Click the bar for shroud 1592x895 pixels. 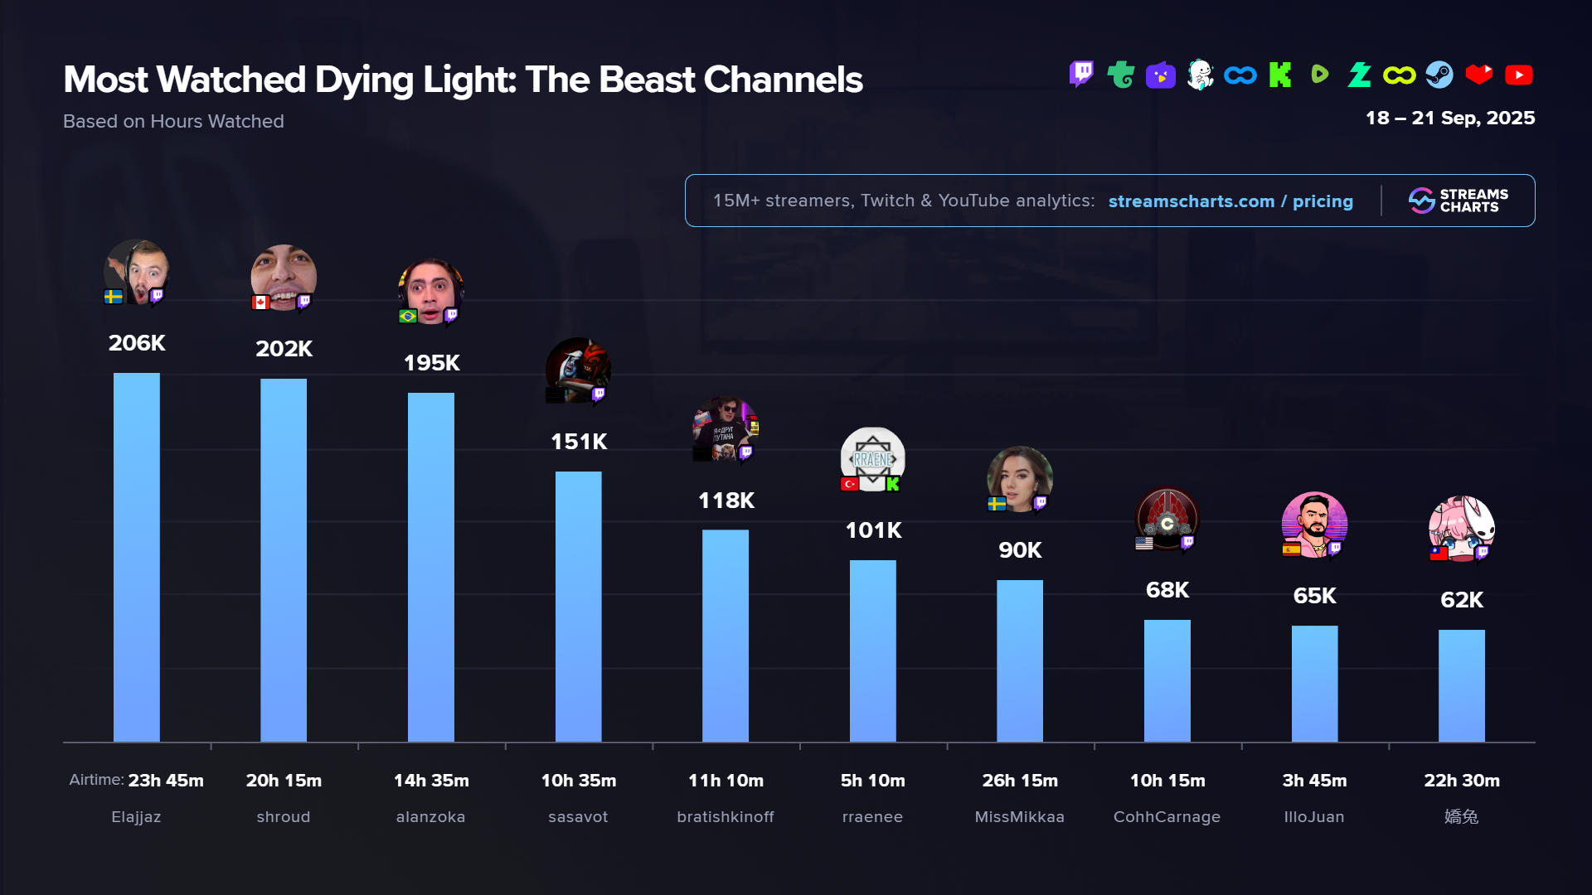(x=284, y=559)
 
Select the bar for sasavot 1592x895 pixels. (x=578, y=606)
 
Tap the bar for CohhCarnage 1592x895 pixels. (x=1167, y=680)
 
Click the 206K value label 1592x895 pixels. (x=137, y=343)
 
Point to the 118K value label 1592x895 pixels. (x=726, y=501)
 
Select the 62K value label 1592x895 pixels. (x=1461, y=600)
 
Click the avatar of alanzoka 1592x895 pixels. (x=431, y=290)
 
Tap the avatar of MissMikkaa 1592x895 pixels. (x=1020, y=478)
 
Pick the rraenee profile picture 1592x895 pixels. (x=872, y=457)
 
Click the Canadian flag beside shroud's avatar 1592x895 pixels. (x=260, y=302)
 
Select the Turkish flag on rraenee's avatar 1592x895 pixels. (x=849, y=484)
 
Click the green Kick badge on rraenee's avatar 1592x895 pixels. (x=893, y=484)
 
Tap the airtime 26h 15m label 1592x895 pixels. (x=1020, y=781)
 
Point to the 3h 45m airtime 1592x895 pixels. (x=1314, y=781)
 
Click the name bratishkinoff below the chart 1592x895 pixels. (x=726, y=817)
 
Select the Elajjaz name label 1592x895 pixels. (x=136, y=817)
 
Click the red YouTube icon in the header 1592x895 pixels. (x=1518, y=75)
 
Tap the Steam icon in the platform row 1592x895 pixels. (x=1439, y=75)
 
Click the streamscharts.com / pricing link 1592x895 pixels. (x=1230, y=201)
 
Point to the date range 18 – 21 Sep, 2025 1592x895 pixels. (x=1450, y=118)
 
